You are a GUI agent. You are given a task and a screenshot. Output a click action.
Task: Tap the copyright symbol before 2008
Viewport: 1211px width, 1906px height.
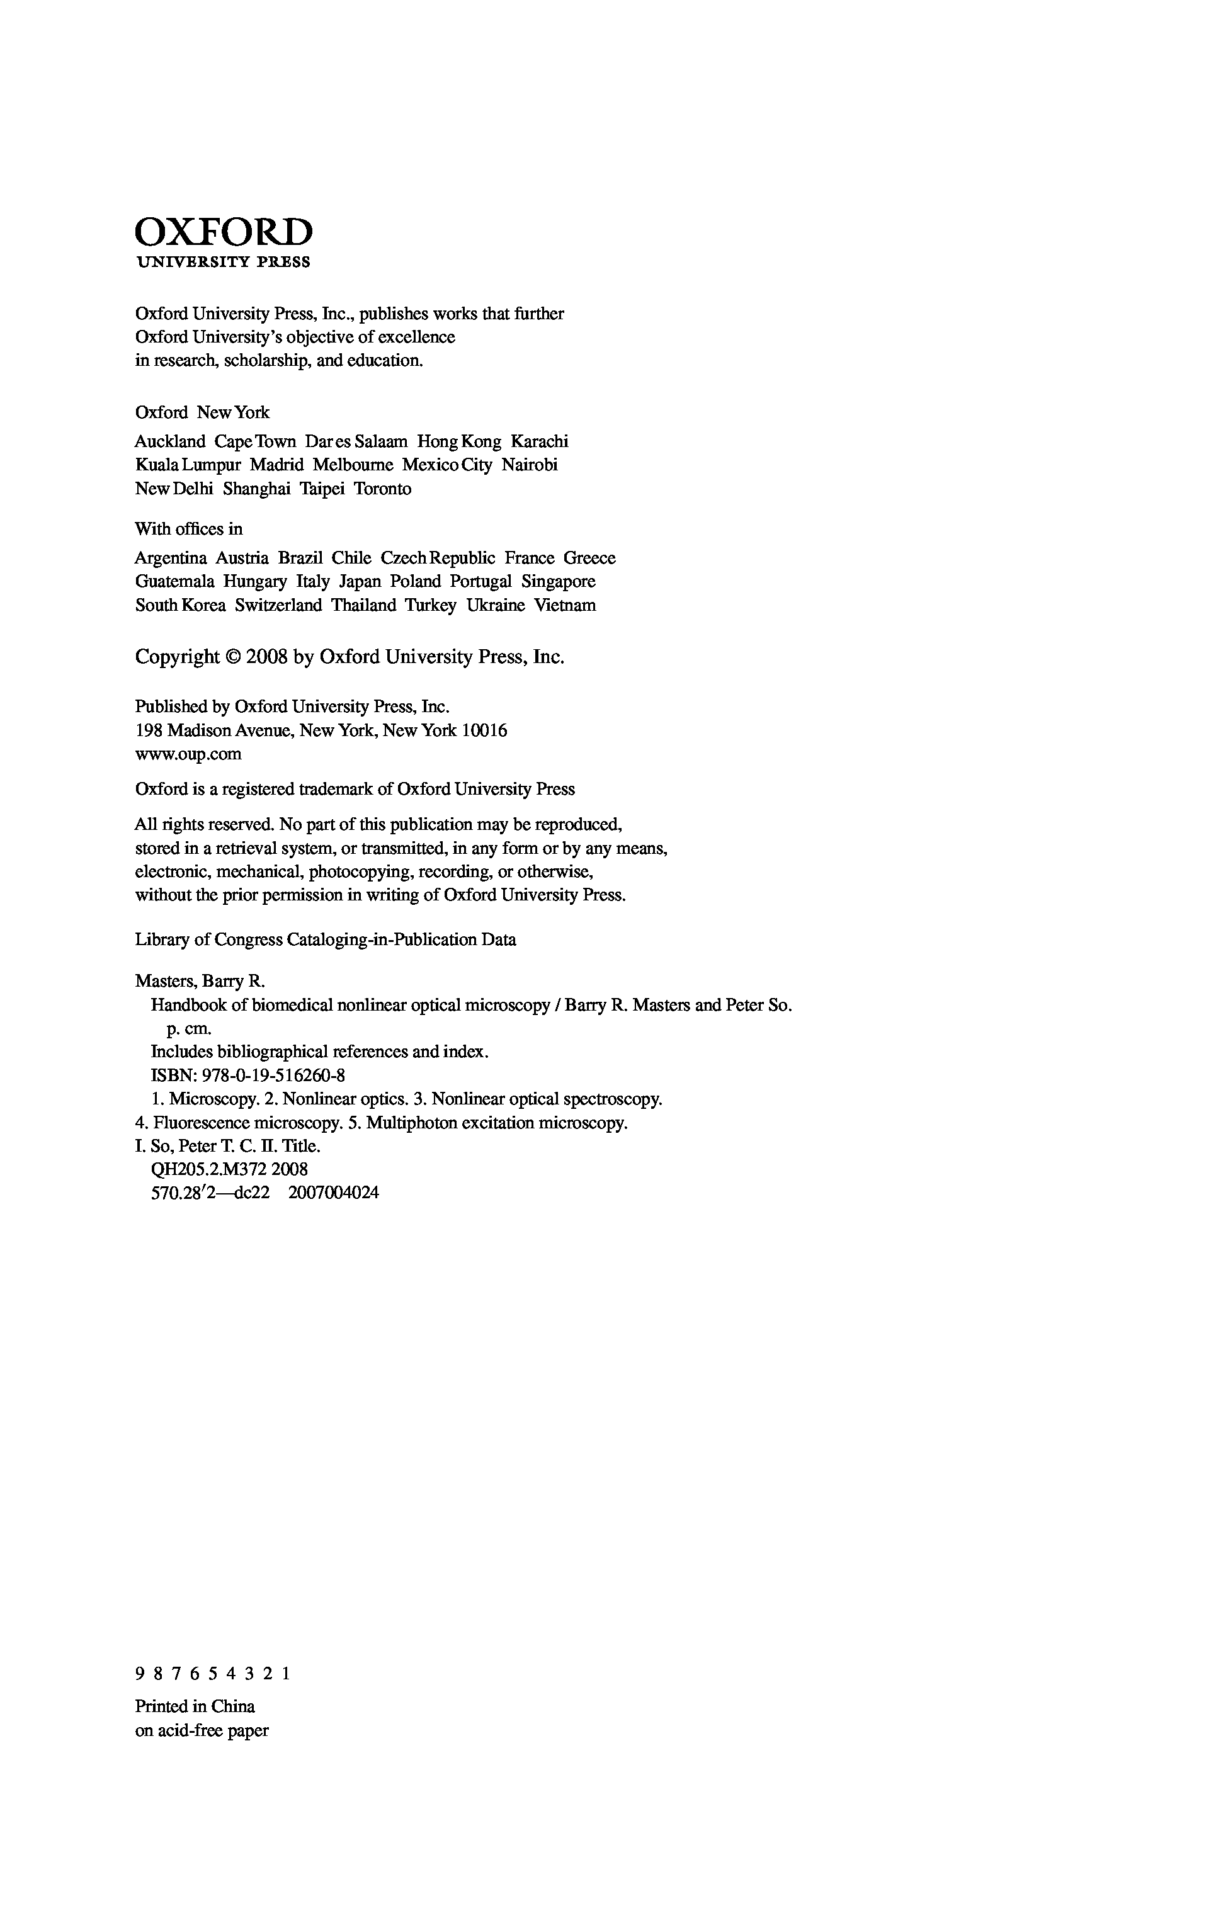pyautogui.click(x=233, y=657)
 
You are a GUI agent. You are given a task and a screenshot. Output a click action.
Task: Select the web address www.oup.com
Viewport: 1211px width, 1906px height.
pyautogui.click(x=188, y=754)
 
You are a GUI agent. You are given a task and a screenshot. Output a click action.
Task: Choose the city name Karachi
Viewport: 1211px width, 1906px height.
pyautogui.click(x=539, y=441)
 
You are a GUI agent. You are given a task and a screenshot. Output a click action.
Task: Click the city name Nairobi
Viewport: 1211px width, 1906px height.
pyautogui.click(x=530, y=465)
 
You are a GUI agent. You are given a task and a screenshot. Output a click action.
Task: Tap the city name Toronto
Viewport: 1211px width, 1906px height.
pyautogui.click(x=382, y=489)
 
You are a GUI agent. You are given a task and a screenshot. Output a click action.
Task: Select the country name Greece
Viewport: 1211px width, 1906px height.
pyautogui.click(x=589, y=558)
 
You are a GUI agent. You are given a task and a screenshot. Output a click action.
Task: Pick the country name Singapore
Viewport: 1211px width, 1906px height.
pyautogui.click(x=558, y=582)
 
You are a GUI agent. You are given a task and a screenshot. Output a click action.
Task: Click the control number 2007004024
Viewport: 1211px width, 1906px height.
pyautogui.click(x=334, y=1193)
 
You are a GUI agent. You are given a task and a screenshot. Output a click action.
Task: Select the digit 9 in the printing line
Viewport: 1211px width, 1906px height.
pyautogui.click(x=140, y=1674)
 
